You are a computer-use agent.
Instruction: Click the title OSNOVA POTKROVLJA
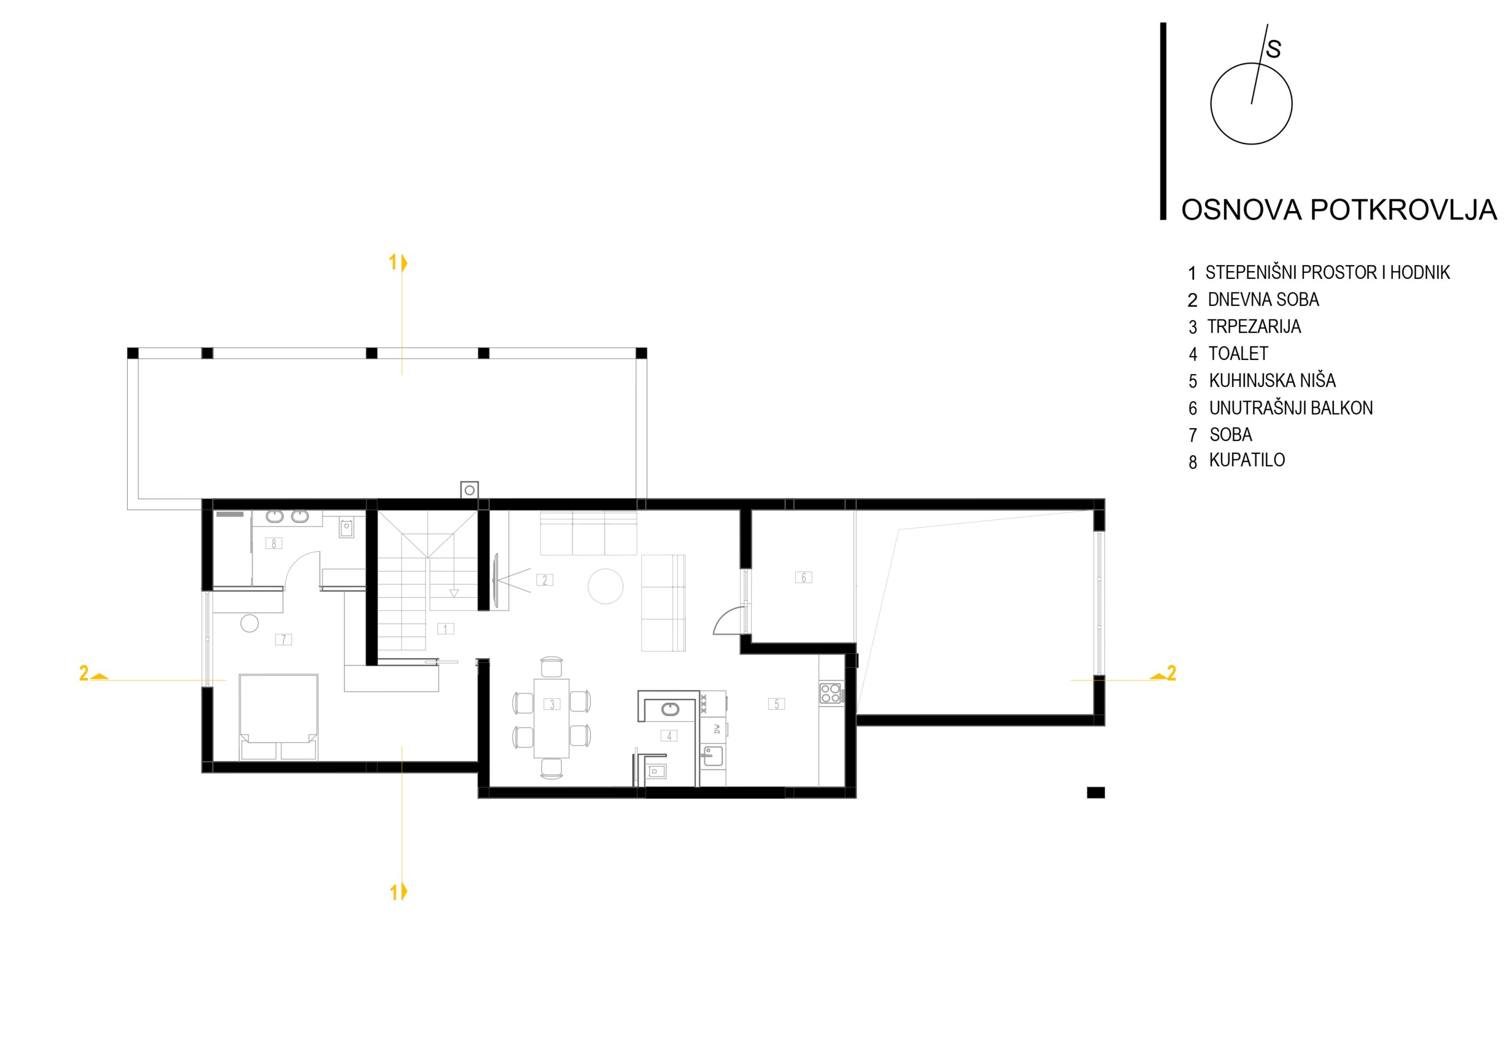coord(1339,210)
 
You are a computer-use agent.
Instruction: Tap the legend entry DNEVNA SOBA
coord(1263,300)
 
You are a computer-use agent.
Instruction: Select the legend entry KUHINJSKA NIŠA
coord(1273,381)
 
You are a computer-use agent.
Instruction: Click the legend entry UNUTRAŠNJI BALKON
coord(1291,408)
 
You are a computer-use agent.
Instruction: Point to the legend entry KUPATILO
coord(1247,460)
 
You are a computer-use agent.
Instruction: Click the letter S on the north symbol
coord(1273,49)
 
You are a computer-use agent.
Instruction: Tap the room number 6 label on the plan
coord(804,577)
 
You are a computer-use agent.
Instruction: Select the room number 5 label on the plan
coord(776,704)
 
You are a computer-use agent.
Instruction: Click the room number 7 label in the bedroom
coord(283,639)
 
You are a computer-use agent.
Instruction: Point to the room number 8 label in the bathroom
coord(273,543)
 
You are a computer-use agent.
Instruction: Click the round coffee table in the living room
coord(605,586)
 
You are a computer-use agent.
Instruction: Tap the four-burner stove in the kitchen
coord(830,693)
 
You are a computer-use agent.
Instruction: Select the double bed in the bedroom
coord(278,717)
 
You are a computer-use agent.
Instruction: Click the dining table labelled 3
coord(552,718)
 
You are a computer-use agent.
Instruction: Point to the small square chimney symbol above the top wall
coord(470,490)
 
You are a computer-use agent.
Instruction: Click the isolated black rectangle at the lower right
coord(1096,792)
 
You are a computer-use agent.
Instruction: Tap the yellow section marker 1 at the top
coord(399,262)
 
